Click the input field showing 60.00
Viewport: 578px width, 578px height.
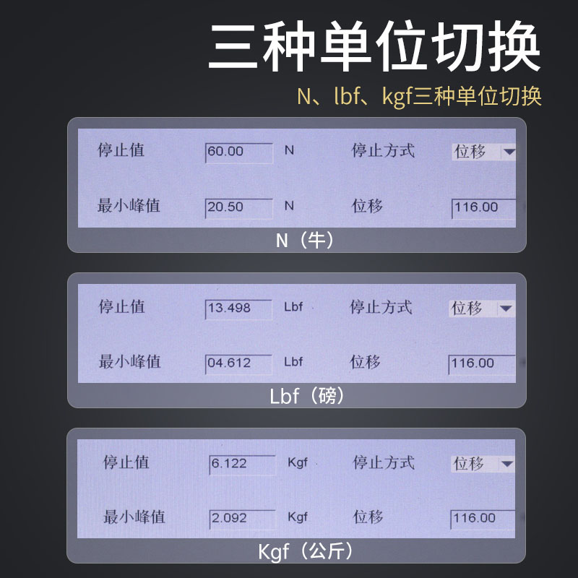238,152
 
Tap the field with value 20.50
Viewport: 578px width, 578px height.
238,207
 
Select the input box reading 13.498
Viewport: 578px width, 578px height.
238,308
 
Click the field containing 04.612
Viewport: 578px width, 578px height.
238,363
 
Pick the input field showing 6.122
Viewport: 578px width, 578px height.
241,464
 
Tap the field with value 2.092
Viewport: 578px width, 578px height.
241,518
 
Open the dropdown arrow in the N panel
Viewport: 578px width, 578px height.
509,152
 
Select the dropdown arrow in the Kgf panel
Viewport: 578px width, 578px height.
507,464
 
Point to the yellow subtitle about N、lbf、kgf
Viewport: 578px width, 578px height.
419,97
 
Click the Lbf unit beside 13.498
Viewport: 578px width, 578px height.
293,307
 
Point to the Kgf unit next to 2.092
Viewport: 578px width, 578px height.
298,517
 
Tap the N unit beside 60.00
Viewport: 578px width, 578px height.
289,151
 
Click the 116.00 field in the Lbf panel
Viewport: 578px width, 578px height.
480,363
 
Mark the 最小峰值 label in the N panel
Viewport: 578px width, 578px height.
129,206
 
